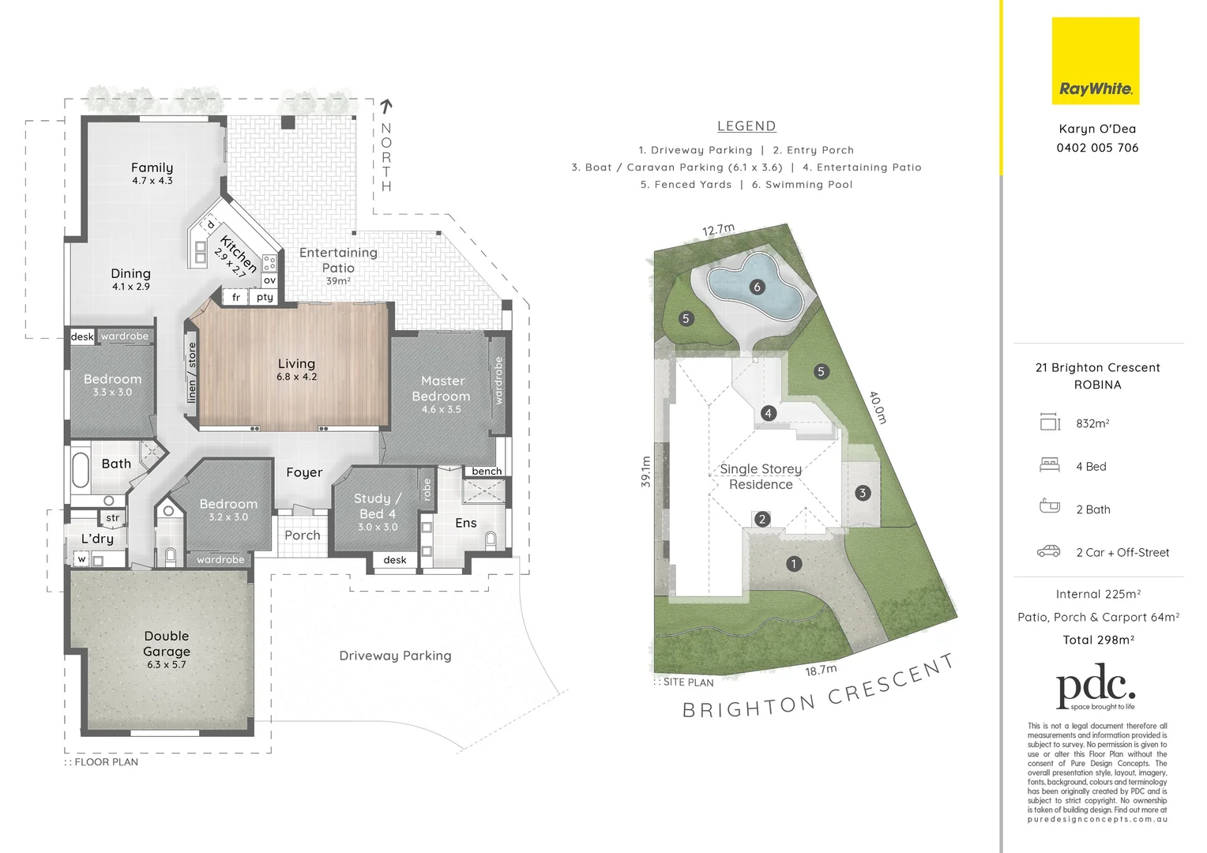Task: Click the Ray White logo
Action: (x=1095, y=62)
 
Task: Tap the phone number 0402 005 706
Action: (x=1097, y=148)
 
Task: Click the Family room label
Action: (x=152, y=167)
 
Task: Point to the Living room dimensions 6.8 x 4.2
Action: (x=296, y=378)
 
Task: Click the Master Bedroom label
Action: (x=442, y=389)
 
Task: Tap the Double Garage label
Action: (x=167, y=644)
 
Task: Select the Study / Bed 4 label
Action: (x=378, y=506)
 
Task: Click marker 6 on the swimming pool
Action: (x=757, y=287)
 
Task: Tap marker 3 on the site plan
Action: (x=862, y=493)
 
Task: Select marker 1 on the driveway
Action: (x=794, y=563)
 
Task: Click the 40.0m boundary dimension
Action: (x=878, y=408)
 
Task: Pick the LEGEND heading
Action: (x=746, y=126)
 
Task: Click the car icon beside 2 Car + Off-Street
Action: (x=1048, y=551)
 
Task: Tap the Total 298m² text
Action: (x=1098, y=640)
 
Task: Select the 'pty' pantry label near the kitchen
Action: (x=265, y=298)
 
